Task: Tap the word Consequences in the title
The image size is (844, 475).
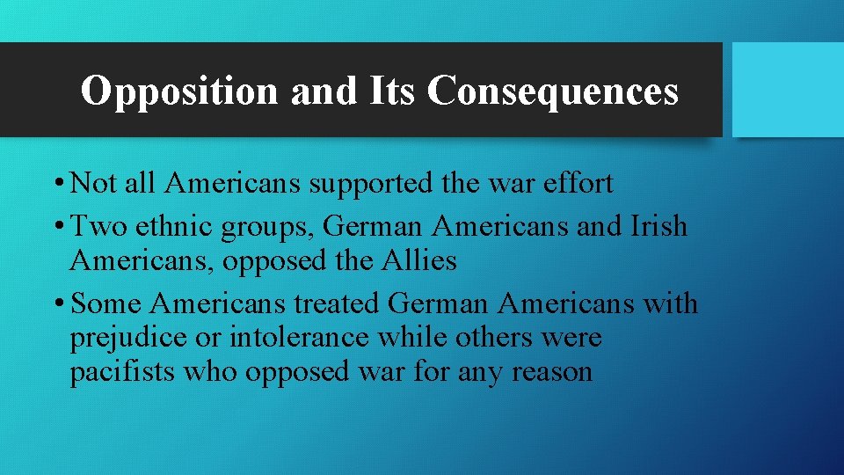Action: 553,91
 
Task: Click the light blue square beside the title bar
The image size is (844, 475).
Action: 787,89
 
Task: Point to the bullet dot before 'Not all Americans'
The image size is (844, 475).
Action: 57,185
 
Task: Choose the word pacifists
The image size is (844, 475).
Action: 123,372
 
